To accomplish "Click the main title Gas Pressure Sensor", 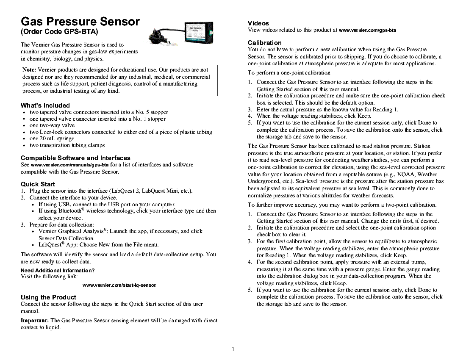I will click(80, 22).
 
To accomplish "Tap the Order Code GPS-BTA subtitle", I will click(59, 32).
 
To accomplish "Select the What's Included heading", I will click(45, 105).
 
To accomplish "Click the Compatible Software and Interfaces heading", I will click(75, 158).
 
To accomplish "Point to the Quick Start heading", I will click(38, 184).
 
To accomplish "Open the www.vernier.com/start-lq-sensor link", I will click(119, 285).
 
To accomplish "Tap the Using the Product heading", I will click(48, 297).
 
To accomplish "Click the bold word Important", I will click(35, 321).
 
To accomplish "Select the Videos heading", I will click(258, 23).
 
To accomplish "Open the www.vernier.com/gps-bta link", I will click(368, 30).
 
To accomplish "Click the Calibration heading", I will click(264, 43).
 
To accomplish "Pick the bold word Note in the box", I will click(29, 69).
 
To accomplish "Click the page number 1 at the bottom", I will click(233, 349).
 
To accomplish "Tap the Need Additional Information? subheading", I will click(58, 270).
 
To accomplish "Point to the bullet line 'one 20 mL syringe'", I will click(52, 138).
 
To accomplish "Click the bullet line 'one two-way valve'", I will click(52, 125).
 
